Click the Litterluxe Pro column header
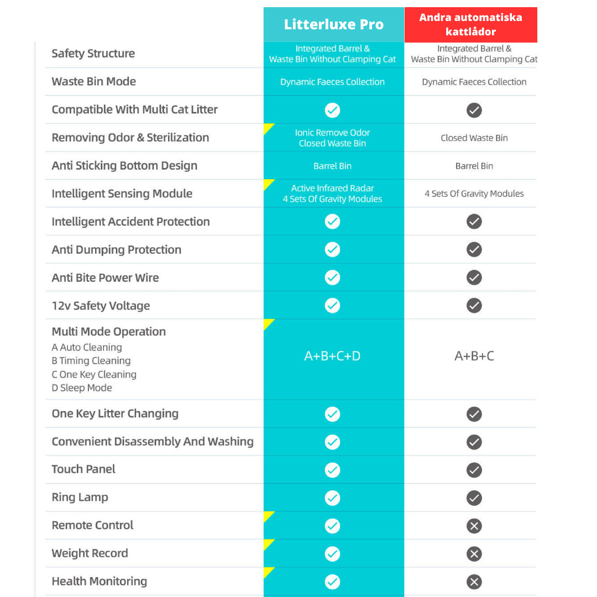333,24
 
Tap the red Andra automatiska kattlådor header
470,24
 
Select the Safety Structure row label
93,54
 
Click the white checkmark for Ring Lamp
332,498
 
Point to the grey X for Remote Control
474,526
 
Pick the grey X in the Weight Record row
474,554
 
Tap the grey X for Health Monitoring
474,582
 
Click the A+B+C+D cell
332,356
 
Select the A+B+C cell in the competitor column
474,356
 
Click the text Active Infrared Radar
332,188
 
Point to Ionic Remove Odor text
332,133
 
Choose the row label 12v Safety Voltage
101,306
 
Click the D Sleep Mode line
82,388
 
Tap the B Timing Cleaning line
91,361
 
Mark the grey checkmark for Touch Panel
474,470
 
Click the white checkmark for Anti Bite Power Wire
332,277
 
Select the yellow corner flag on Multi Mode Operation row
268,323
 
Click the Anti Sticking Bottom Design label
124,166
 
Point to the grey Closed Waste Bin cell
474,138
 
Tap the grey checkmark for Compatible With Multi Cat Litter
474,110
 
